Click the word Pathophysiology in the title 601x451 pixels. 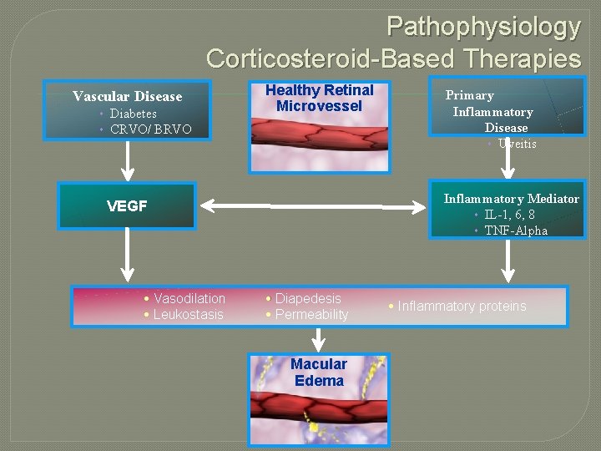pos(483,27)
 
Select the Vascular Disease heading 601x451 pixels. pos(127,96)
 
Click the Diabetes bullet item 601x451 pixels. pos(133,113)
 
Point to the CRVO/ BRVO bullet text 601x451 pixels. pos(150,129)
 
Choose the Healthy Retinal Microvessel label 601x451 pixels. pos(319,98)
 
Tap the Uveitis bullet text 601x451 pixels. pos(517,144)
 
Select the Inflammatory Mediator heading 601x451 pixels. pos(511,199)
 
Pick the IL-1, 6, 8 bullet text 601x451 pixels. pos(509,215)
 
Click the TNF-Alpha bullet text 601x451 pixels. pos(516,231)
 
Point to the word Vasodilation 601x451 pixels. pos(189,298)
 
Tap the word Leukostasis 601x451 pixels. pos(189,314)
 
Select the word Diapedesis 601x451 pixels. pos(308,298)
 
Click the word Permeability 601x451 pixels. pos(311,314)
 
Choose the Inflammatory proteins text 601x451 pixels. pos(462,306)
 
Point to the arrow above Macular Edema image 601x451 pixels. pos(318,339)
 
